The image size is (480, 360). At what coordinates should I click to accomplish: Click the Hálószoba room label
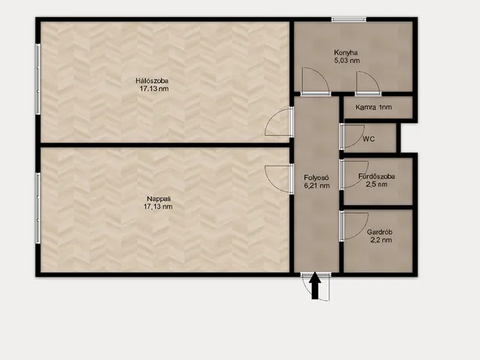(151, 81)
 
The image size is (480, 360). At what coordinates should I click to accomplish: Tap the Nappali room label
(157, 198)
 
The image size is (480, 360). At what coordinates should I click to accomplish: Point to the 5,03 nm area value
(346, 60)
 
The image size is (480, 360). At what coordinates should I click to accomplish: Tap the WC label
(368, 139)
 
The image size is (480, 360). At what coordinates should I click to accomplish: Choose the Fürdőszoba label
(376, 176)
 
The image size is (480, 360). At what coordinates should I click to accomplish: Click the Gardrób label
(379, 232)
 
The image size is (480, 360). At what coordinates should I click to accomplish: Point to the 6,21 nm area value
(316, 185)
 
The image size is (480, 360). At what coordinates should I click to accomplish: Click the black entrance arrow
(315, 285)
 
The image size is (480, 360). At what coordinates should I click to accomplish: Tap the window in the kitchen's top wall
(349, 19)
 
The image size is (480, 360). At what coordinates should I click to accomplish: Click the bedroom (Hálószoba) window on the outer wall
(38, 79)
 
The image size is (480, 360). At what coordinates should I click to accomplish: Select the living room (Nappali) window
(38, 208)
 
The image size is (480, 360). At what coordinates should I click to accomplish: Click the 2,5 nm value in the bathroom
(376, 184)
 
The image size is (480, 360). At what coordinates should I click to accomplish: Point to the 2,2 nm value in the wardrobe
(381, 240)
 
